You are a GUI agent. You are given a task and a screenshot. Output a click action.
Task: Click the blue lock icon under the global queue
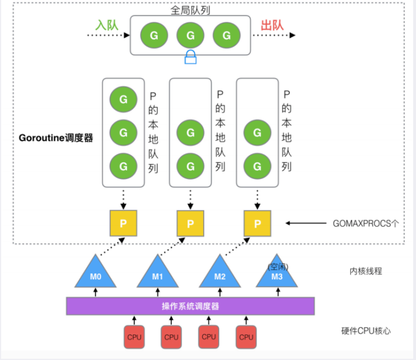[191, 57]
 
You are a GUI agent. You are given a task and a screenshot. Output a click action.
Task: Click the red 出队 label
[272, 25]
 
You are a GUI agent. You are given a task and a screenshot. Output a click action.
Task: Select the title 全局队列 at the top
[190, 10]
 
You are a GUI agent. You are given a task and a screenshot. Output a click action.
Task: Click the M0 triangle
[95, 274]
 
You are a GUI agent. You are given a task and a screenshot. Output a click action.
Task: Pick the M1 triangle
[158, 275]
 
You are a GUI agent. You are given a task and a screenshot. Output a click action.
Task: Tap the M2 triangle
[220, 275]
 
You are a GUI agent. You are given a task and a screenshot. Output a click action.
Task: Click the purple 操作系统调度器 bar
[190, 306]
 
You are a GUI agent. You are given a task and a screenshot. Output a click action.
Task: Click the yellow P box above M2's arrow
[258, 223]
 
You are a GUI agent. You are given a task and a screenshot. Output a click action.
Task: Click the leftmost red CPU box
[135, 337]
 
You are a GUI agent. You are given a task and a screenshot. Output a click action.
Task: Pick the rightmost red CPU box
[246, 337]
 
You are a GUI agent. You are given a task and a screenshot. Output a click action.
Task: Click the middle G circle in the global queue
[190, 35]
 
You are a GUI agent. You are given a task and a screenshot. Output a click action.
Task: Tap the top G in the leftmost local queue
[123, 99]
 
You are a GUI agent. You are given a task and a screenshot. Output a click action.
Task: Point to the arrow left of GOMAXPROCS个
[308, 223]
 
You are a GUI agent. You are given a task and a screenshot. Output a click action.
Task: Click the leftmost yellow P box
[123, 223]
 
